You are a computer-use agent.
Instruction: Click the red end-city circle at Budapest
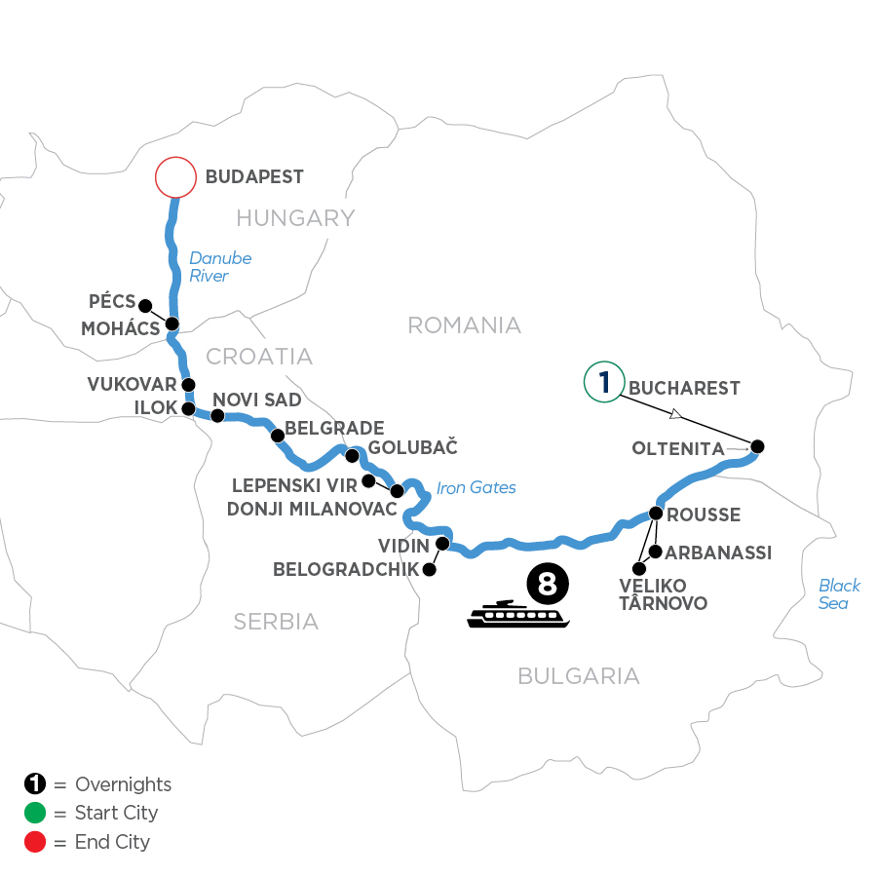point(175,178)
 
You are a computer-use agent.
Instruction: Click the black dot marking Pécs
point(145,304)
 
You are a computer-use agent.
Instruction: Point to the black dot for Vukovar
point(188,385)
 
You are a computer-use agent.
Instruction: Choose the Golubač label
point(414,448)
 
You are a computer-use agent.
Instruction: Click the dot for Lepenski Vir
point(368,481)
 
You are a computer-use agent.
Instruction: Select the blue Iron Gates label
point(477,487)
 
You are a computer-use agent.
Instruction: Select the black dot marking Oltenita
point(757,447)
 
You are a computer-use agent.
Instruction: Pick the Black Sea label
point(839,594)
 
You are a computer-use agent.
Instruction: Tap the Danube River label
point(220,267)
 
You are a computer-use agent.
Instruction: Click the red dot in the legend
point(35,842)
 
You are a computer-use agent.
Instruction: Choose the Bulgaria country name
point(579,675)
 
